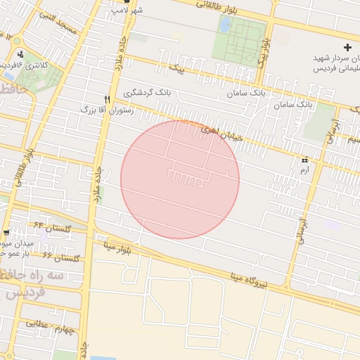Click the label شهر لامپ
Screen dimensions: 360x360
click(131, 11)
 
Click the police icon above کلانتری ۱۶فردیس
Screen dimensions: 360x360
click(20, 54)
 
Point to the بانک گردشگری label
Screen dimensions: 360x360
click(148, 92)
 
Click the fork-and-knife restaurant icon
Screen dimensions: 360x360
click(108, 99)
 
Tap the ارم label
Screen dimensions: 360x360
click(304, 170)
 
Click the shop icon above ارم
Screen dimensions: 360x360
click(304, 160)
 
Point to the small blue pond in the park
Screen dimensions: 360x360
click(225, 25)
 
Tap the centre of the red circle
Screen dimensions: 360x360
click(180, 179)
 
